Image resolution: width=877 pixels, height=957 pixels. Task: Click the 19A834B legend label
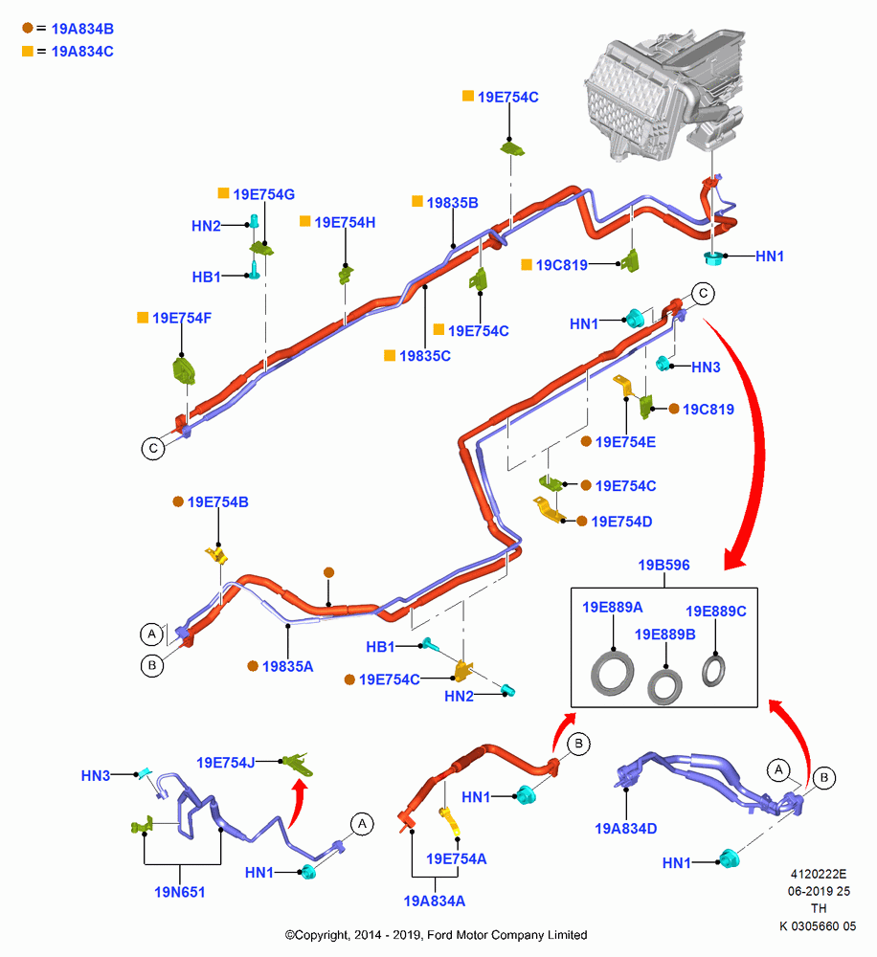click(82, 29)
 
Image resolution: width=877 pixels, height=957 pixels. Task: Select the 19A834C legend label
click(82, 52)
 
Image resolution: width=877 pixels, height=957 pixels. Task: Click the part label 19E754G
click(264, 194)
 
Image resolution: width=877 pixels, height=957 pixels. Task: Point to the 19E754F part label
click(182, 318)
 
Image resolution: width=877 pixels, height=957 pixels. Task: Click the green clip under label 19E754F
click(184, 370)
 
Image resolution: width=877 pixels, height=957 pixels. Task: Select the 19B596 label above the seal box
click(663, 566)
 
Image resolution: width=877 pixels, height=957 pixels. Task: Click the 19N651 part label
click(180, 892)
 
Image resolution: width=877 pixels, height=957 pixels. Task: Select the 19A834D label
click(626, 828)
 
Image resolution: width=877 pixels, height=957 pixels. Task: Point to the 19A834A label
click(435, 901)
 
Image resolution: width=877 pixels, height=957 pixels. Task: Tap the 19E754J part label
click(225, 763)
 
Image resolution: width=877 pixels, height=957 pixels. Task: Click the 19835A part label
click(287, 666)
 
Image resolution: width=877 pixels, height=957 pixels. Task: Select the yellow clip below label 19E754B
click(216, 555)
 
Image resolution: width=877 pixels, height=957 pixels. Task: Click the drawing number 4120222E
click(819, 874)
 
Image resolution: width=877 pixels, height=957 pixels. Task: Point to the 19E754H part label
click(345, 222)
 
